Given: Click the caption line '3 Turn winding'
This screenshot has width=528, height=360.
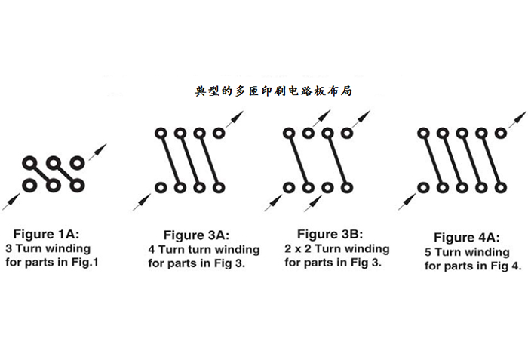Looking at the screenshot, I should click(x=48, y=248).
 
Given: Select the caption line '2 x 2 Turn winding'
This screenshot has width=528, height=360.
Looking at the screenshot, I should click(x=338, y=248).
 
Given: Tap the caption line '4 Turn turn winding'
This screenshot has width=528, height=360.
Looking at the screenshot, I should click(x=204, y=249).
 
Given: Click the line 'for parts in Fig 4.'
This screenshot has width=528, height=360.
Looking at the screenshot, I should click(x=473, y=266).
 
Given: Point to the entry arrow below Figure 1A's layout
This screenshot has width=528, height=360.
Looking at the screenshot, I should click(x=12, y=198).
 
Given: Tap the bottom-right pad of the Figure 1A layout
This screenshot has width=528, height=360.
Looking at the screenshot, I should click(x=77, y=184).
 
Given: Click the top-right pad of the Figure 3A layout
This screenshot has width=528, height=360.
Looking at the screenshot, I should click(x=219, y=134).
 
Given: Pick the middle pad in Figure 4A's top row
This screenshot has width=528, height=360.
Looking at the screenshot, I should click(x=462, y=133).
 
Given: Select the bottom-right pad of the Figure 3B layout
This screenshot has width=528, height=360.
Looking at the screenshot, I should click(x=347, y=186).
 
